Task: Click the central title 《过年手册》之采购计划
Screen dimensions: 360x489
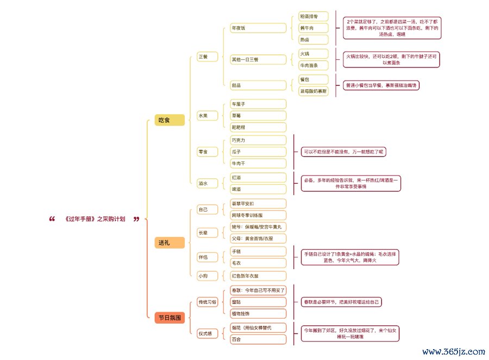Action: pos(95,219)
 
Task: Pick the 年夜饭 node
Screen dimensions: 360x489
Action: pos(258,28)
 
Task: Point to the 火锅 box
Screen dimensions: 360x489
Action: pos(314,54)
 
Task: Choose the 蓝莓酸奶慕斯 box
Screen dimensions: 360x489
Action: pos(314,91)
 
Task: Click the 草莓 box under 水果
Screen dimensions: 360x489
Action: pos(258,115)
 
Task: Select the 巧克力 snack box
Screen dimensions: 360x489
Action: pos(258,140)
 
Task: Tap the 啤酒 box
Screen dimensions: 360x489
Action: pos(258,189)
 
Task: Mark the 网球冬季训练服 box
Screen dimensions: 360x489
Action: pos(258,215)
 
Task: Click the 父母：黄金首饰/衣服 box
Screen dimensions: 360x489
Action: pos(258,238)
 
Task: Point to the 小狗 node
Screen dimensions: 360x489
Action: pos(203,276)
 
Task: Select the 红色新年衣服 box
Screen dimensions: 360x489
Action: pos(258,276)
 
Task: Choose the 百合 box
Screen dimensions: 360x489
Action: pos(258,339)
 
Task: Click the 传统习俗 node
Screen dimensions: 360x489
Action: pos(206,302)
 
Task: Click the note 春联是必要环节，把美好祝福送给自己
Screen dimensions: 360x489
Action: pos(342,302)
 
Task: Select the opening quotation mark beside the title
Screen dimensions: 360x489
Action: pos(52,219)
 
